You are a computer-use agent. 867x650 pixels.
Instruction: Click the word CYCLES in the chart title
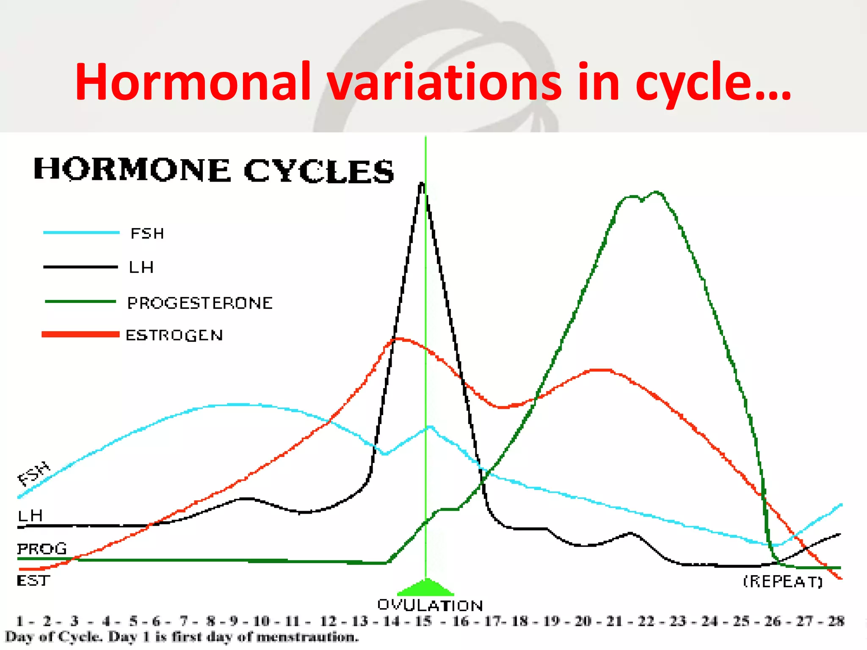click(x=318, y=171)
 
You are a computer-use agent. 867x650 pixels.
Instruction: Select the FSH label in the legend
click(x=147, y=234)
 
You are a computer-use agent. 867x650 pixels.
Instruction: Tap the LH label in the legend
click(x=141, y=267)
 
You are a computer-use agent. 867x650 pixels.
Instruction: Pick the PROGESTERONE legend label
click(x=200, y=303)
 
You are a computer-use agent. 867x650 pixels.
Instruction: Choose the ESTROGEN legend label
click(x=174, y=336)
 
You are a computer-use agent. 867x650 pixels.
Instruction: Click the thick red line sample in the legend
click(x=80, y=335)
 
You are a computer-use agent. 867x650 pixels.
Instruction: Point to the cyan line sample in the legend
click(x=81, y=232)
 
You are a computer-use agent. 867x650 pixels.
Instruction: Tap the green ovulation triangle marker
click(x=426, y=588)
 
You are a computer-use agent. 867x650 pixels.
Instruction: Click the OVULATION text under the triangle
click(x=430, y=606)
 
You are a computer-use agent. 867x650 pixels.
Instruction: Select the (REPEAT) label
click(x=783, y=581)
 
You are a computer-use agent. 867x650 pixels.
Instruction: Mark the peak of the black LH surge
click(x=422, y=184)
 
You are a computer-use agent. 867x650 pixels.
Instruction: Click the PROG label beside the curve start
click(x=42, y=549)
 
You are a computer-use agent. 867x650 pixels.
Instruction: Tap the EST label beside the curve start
click(x=33, y=581)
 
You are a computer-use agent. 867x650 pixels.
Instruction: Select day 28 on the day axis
click(x=836, y=621)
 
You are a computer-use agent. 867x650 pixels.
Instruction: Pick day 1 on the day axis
click(x=19, y=621)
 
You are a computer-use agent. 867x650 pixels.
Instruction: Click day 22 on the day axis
click(x=646, y=621)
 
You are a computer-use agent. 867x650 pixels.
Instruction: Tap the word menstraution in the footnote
click(x=307, y=637)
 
